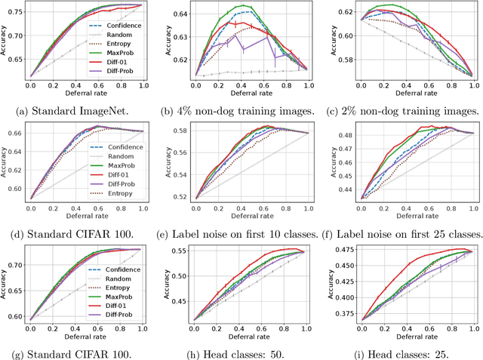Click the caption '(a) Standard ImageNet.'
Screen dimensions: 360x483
tap(75, 111)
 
